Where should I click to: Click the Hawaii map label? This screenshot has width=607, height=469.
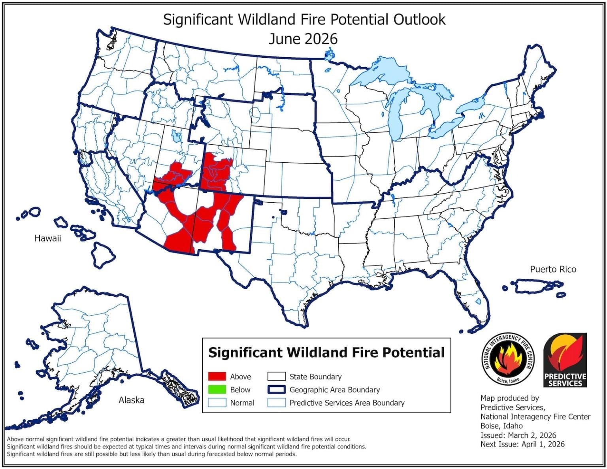47,238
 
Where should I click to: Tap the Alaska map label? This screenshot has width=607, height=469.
131,400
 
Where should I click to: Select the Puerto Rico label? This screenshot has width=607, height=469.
553,269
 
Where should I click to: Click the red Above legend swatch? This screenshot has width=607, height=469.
217,377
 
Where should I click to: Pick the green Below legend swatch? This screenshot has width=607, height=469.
217,390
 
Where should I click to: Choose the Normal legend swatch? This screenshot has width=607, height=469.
217,403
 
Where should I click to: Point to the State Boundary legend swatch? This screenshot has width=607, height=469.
276,377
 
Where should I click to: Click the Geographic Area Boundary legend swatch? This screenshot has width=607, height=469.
276,390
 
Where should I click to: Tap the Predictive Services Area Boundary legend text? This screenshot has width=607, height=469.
347,403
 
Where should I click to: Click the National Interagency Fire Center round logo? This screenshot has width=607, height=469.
508,359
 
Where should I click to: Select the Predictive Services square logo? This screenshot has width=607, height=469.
565,360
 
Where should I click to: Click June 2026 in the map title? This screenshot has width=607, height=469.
303,39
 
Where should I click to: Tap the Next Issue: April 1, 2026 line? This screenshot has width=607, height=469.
522,444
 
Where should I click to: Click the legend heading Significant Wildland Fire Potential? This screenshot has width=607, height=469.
326,352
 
